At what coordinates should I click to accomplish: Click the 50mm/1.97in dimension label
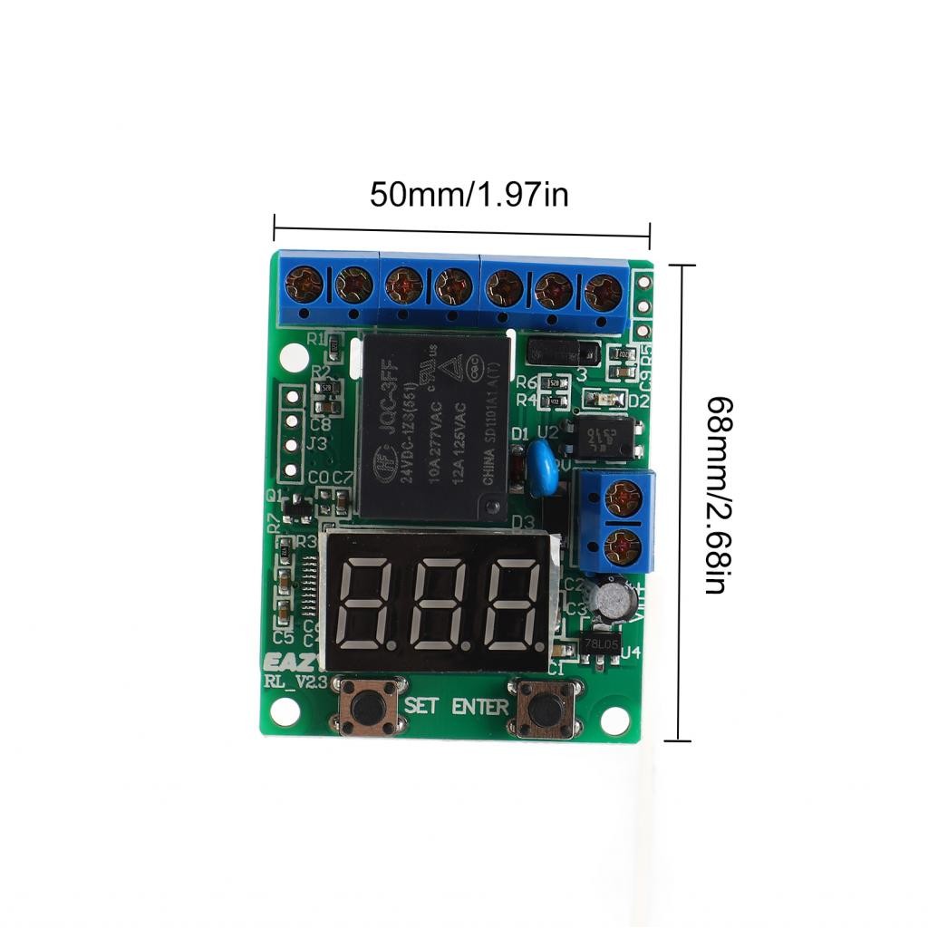coord(469,195)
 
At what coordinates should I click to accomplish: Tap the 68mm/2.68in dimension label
coord(716,495)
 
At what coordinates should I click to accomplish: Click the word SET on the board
coord(422,705)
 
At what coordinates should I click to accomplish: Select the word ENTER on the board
coord(480,706)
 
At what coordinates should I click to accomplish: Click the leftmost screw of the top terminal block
coord(304,285)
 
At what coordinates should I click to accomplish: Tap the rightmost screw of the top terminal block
coord(603,292)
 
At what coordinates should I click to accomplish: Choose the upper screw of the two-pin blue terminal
coord(623,498)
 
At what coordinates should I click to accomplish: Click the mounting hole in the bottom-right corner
coord(614,720)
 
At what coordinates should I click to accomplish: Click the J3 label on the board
coord(316,443)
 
